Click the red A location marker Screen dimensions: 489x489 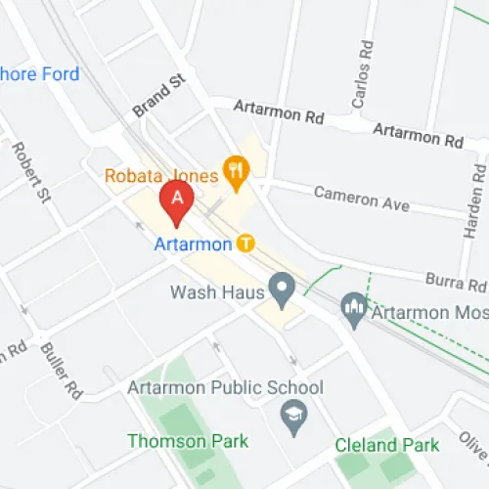click(176, 200)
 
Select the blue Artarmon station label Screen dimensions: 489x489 click(193, 244)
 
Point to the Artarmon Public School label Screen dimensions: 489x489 click(225, 388)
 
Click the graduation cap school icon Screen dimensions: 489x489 click(292, 418)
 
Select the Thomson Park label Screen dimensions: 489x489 click(188, 441)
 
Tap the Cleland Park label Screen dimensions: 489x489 click(386, 446)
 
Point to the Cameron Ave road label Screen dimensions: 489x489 click(361, 199)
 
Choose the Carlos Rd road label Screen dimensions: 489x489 click(363, 74)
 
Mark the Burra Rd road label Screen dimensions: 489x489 click(456, 283)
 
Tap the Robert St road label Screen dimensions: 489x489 click(30, 172)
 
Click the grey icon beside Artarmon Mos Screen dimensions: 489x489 click(353, 310)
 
